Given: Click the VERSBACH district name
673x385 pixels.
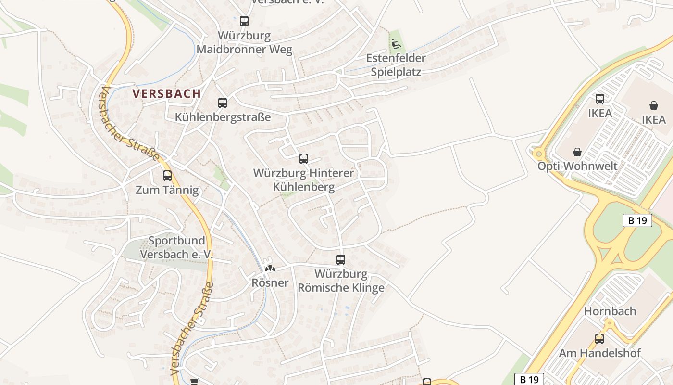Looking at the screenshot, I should coord(167,94).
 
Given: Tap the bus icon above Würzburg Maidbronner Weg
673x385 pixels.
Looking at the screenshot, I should coord(244,21).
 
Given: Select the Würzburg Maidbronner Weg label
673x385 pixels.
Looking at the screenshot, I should coord(244,43).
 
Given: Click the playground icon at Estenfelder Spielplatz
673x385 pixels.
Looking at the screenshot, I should coord(396,44).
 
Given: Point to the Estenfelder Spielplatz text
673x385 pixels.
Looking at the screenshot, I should coord(396,65).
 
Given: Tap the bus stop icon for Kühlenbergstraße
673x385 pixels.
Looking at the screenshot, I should coord(222,103).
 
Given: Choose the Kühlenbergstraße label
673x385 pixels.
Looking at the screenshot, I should coord(223,117).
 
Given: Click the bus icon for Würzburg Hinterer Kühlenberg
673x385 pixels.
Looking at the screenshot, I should coord(303,158).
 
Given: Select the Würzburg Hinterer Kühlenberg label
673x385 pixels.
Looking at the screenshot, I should coord(303,180).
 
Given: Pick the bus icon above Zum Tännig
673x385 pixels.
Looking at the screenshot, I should coord(167,176).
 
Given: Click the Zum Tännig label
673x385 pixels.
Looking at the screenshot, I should coord(167,190).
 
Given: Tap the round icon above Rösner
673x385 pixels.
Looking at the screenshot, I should coord(270,269).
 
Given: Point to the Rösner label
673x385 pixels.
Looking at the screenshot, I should coord(270,282).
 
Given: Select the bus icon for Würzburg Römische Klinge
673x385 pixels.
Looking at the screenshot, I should coord(341,260).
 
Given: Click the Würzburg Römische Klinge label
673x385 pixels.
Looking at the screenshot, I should coord(341,281).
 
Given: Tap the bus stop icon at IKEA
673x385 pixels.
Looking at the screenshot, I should coord(600,99).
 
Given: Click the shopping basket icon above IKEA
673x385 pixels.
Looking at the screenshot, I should coord(654,105).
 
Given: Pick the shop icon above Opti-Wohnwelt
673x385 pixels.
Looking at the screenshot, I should coord(577,152).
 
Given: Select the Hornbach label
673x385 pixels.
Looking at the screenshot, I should coord(610,311).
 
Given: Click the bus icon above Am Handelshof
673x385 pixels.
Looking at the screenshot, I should coord(599,338).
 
